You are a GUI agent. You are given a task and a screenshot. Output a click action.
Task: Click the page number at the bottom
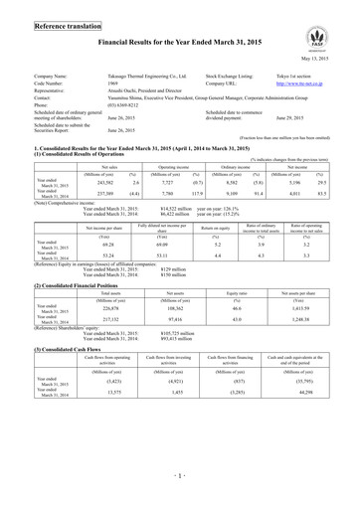pyautogui.click(x=180, y=494)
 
